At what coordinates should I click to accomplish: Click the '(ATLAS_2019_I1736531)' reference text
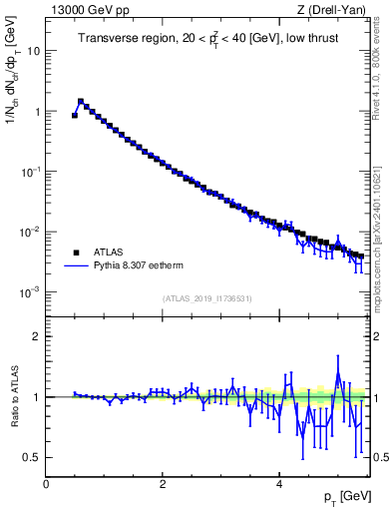(x=206, y=298)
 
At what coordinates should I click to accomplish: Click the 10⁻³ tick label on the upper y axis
(x=31, y=291)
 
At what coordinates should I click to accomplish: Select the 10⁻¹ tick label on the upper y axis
(x=31, y=172)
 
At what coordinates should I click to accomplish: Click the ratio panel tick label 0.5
(x=33, y=457)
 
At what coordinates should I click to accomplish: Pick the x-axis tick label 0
(x=46, y=483)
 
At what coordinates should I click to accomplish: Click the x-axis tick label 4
(x=279, y=483)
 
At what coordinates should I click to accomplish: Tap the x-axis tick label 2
(x=163, y=483)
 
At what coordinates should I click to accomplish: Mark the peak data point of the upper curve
(x=81, y=101)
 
